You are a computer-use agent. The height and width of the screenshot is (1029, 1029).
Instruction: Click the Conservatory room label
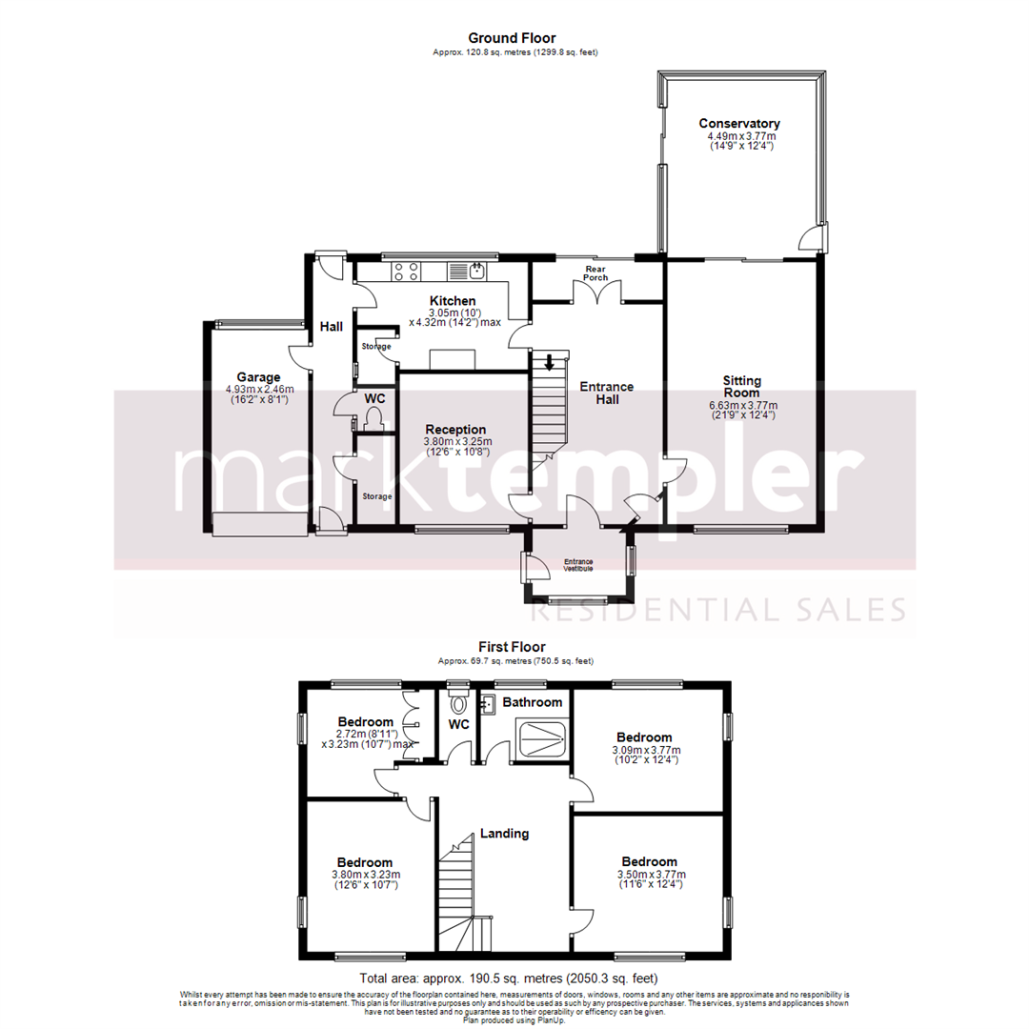(x=739, y=124)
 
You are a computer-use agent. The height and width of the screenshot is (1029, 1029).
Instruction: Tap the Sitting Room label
(x=741, y=386)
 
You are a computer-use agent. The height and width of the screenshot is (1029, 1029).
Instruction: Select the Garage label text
(x=259, y=377)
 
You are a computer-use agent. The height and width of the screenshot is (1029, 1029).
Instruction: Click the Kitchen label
(x=452, y=301)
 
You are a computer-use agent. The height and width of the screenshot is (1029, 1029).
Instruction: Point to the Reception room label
(x=456, y=430)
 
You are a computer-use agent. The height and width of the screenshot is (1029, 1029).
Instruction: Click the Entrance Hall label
(x=607, y=393)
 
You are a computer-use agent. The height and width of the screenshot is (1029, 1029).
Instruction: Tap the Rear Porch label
(x=596, y=272)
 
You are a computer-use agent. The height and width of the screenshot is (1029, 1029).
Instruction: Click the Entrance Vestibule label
(x=578, y=564)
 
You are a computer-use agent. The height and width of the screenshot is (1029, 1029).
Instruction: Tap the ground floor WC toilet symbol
(x=373, y=418)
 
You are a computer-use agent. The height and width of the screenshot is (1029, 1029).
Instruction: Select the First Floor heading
(x=512, y=647)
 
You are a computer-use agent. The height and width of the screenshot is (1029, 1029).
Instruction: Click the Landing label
(x=504, y=834)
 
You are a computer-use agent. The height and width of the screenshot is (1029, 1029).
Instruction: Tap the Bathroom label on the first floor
(x=533, y=702)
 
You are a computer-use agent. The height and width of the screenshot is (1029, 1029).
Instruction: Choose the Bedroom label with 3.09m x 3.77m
(x=644, y=737)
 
